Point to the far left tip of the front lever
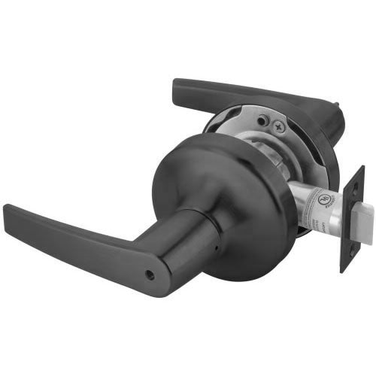coord(6,207)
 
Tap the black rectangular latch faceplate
coord(352,218)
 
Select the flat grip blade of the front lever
coord(68,229)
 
